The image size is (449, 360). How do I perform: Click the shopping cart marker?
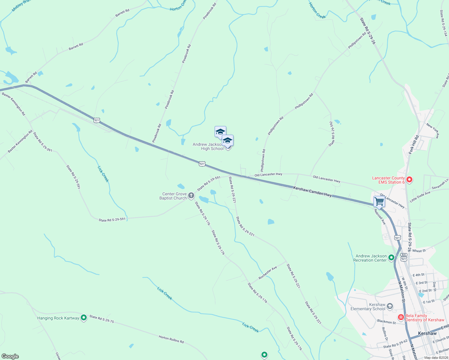pyautogui.click(x=379, y=202)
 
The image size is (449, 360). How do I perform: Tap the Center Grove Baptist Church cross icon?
pyautogui.click(x=191, y=196)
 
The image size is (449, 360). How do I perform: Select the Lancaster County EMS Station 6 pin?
pyautogui.click(x=409, y=180)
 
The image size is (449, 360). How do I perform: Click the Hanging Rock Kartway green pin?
pyautogui.click(x=84, y=317)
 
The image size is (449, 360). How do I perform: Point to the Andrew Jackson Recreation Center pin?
pyautogui.click(x=391, y=258)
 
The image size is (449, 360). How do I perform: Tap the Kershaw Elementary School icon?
pyautogui.click(x=390, y=306)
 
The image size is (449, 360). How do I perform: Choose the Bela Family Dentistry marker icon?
pyautogui.click(x=401, y=317)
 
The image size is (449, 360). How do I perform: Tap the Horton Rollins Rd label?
pyautogui.click(x=171, y=339)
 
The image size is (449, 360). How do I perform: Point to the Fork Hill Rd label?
pyautogui.click(x=414, y=145)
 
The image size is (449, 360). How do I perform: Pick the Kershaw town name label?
pyautogui.click(x=427, y=333)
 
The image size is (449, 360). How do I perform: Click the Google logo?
pyautogui.click(x=10, y=356)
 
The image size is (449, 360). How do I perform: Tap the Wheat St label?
pyautogui.click(x=419, y=251)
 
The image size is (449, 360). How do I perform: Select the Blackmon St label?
pyautogui.click(x=386, y=322)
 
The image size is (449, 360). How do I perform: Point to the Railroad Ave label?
pyautogui.click(x=380, y=217)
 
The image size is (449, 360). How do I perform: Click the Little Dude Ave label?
pyautogui.click(x=420, y=197)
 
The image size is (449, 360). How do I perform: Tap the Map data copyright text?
pyautogui.click(x=435, y=358)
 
